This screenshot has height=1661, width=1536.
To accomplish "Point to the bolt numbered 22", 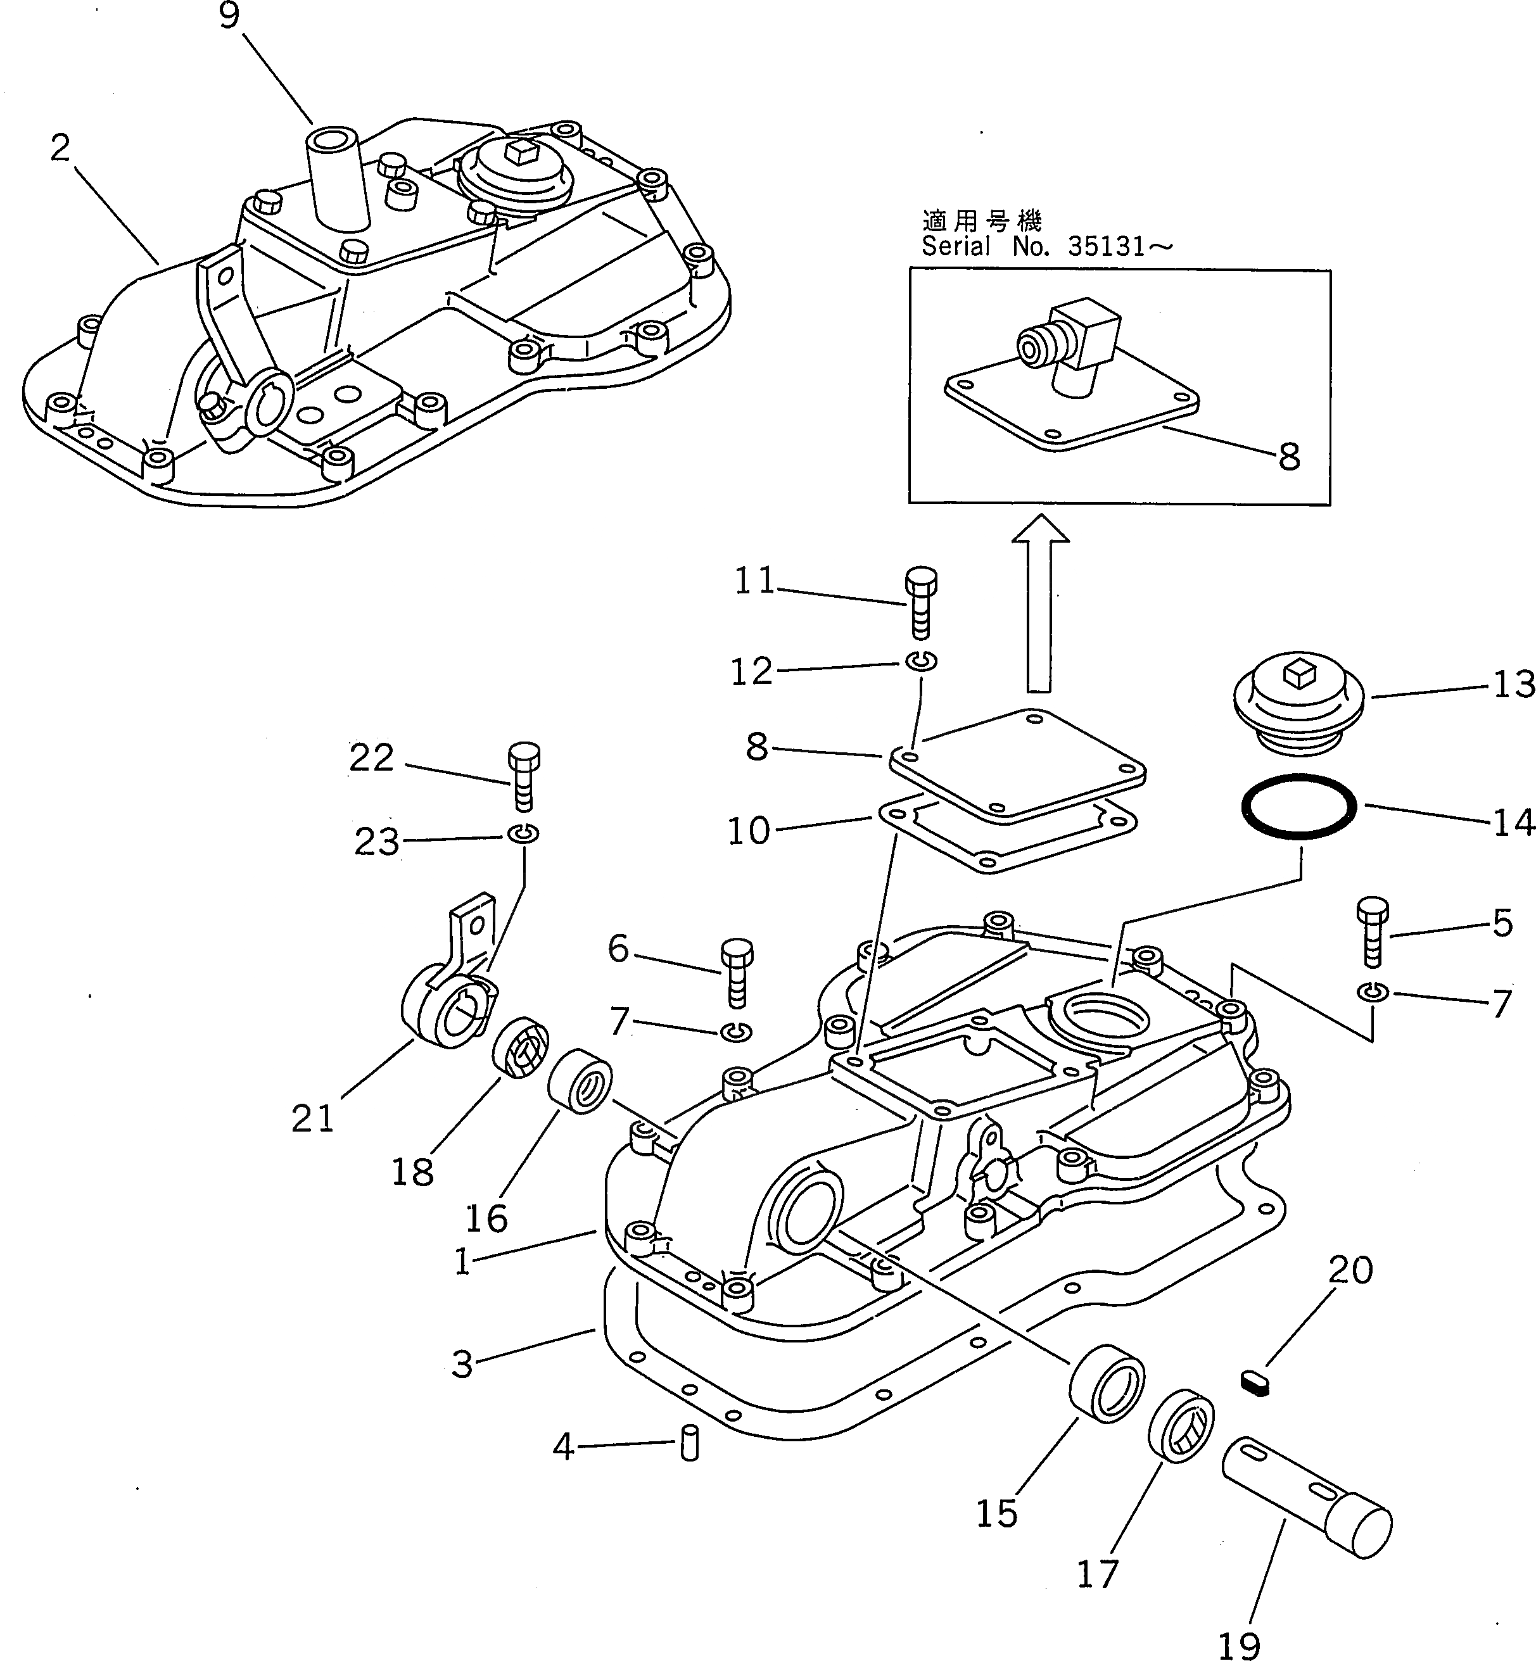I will [523, 775].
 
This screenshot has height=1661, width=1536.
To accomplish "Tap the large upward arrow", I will [1039, 598].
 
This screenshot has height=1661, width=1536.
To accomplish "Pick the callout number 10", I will [749, 831].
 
